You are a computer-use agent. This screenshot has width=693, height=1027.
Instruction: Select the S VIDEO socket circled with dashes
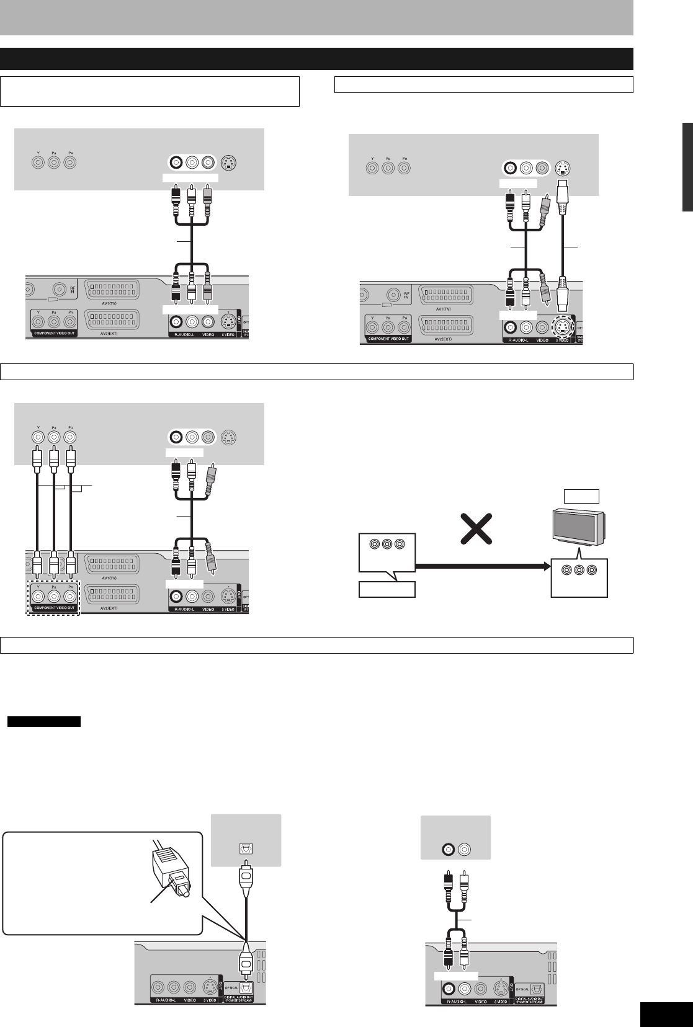coord(562,327)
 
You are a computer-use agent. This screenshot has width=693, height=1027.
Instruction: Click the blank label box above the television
coord(581,496)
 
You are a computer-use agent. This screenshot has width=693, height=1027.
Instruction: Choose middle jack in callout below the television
coord(579,569)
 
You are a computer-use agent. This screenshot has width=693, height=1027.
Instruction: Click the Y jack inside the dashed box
coord(39,596)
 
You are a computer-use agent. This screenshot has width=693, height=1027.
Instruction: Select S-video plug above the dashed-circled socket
coord(562,295)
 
